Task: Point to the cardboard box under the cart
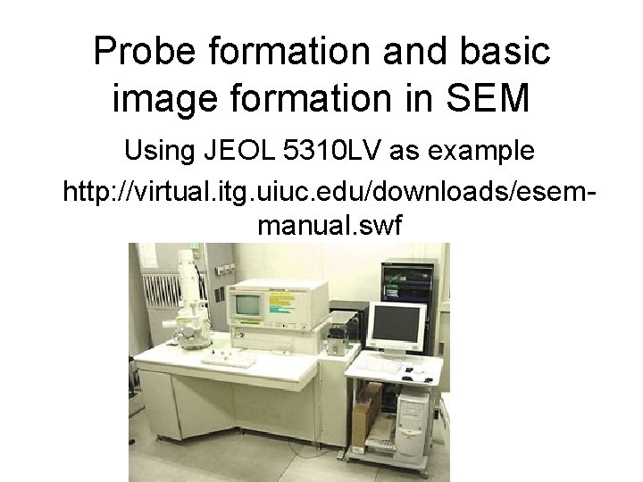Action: [x=363, y=420]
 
